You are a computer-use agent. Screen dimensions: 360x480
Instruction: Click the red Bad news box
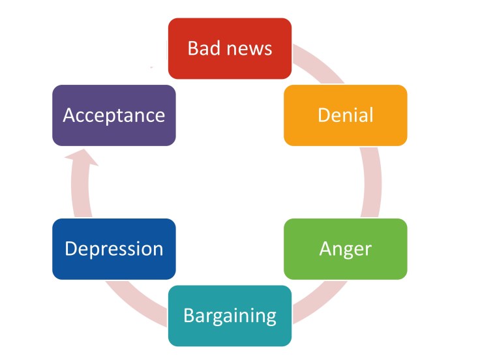[x=230, y=48]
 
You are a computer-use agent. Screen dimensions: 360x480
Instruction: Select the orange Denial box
[x=345, y=115]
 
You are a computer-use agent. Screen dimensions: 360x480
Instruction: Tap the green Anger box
[x=345, y=248]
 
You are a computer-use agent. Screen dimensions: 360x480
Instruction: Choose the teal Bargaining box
[x=230, y=316]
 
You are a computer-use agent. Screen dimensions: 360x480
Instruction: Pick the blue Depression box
[x=113, y=248]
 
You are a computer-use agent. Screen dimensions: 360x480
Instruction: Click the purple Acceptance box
[x=113, y=115]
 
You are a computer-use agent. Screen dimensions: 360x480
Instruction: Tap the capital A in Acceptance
[x=68, y=115]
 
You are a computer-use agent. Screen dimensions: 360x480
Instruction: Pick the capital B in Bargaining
[x=189, y=316]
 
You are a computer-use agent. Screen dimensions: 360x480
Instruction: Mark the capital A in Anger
[x=326, y=248]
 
